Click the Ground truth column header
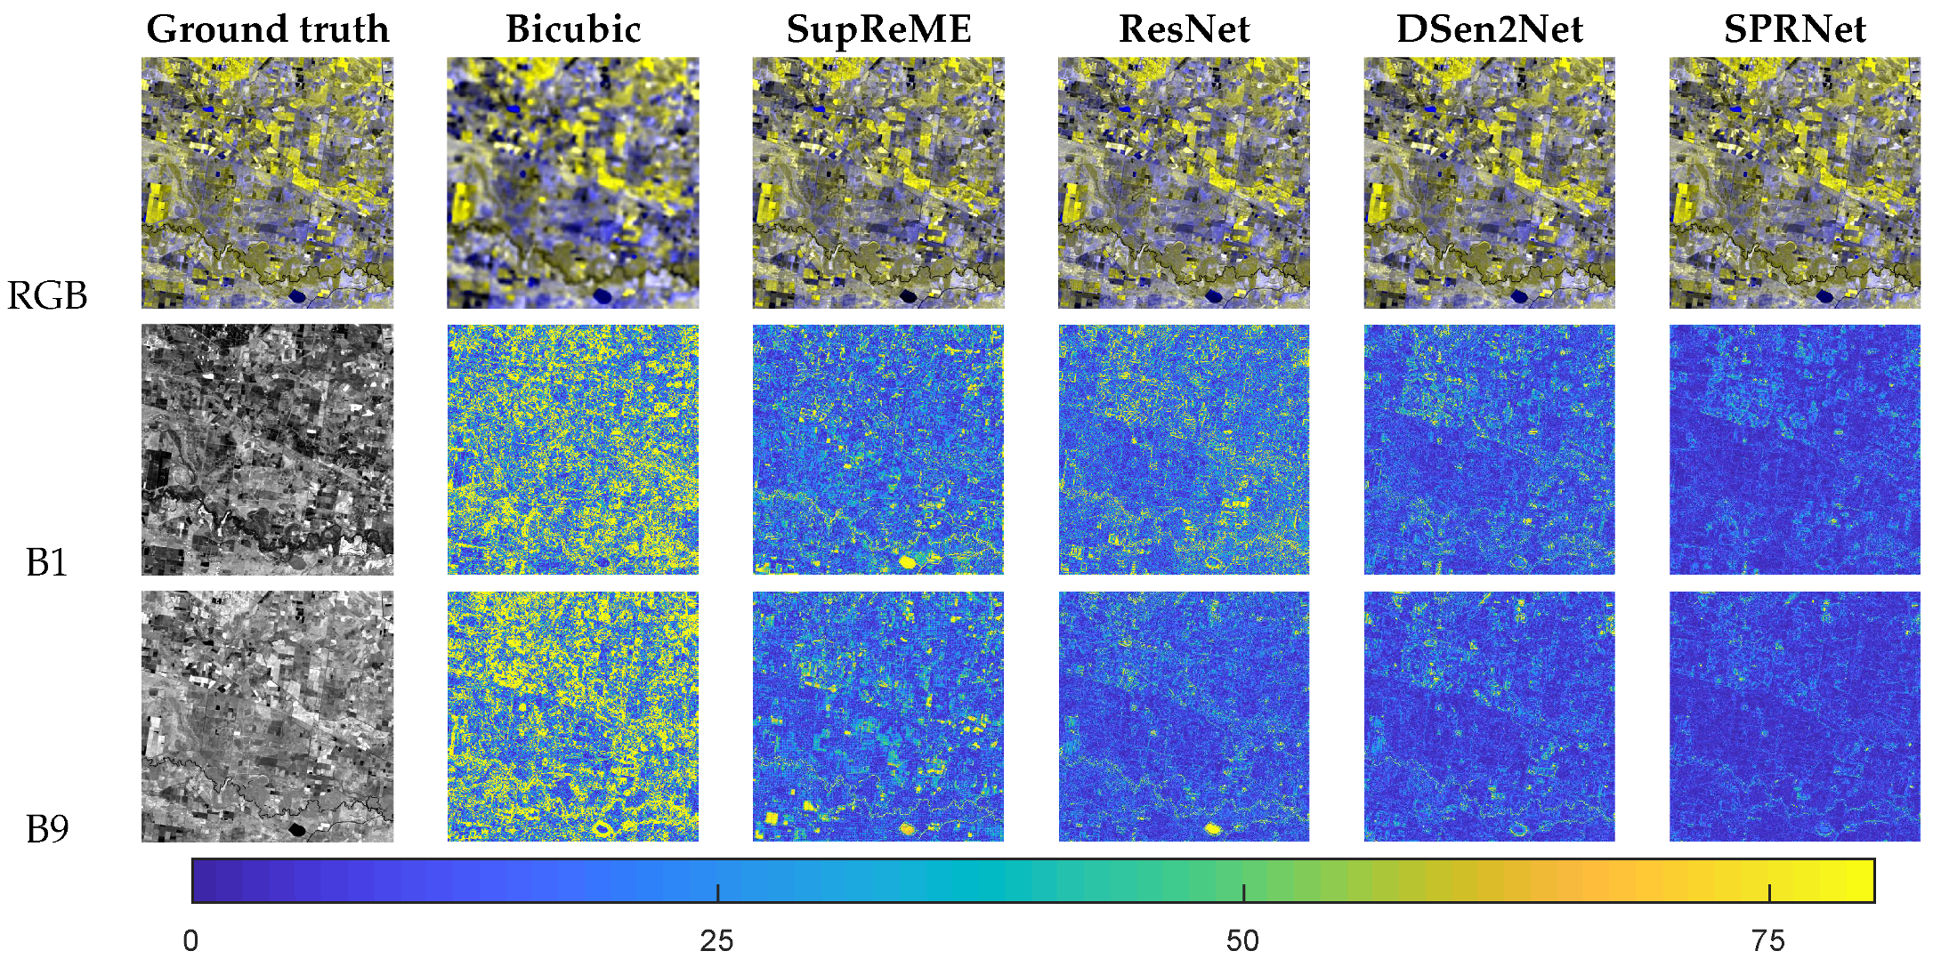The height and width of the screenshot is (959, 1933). [267, 29]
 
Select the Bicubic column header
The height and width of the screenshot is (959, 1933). [573, 29]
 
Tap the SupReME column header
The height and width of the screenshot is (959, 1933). [878, 29]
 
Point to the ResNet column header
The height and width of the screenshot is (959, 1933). [1184, 29]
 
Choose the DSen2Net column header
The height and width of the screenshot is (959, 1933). [1489, 29]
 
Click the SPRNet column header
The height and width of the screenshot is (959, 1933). [1794, 29]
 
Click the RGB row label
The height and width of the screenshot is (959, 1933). [47, 295]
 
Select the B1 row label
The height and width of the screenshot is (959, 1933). [47, 562]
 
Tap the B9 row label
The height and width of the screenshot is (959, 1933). [47, 829]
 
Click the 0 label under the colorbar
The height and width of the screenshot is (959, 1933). [190, 940]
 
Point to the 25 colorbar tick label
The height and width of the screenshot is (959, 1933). [716, 940]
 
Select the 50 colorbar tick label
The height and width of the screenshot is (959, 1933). [1242, 940]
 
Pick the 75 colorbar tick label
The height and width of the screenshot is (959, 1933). [1768, 940]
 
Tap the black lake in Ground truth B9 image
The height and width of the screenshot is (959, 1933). [296, 829]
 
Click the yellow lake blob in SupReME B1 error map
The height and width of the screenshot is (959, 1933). [908, 561]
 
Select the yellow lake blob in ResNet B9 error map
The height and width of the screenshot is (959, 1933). [1212, 828]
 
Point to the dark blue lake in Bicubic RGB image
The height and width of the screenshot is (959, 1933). [603, 295]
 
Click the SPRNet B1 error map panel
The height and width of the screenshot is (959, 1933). [1794, 449]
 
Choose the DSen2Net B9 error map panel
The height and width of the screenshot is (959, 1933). [1489, 716]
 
